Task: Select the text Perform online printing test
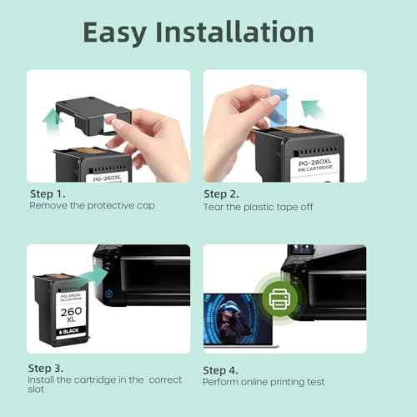coord(264,381)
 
